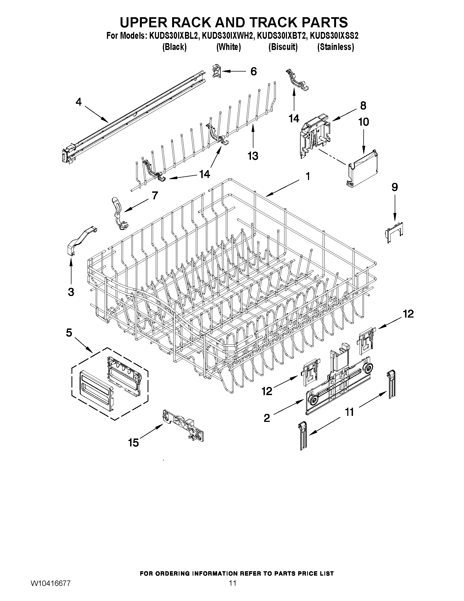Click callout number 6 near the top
[253, 72]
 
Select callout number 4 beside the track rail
[79, 102]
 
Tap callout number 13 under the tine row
[253, 156]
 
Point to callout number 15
[133, 443]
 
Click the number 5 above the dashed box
[69, 333]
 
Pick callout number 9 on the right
[394, 187]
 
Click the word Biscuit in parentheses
[283, 47]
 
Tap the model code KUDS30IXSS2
[334, 36]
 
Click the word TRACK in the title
[268, 22]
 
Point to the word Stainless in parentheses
[335, 47]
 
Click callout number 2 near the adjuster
[267, 418]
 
